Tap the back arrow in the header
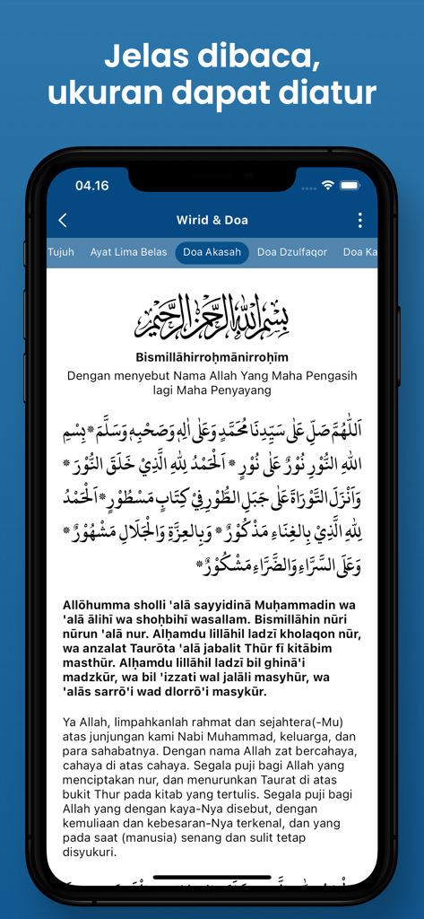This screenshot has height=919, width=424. click(63, 221)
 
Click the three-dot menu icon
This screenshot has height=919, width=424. click(360, 221)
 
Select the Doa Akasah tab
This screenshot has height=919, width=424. click(212, 252)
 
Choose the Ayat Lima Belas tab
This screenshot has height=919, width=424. click(128, 252)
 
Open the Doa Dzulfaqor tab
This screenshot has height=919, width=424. click(292, 252)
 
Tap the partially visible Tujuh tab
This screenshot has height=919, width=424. click(61, 252)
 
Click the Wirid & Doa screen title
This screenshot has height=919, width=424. click(212, 221)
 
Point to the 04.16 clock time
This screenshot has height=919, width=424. click(91, 186)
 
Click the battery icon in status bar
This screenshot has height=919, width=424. click(350, 186)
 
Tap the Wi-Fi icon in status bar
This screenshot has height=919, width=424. click(328, 186)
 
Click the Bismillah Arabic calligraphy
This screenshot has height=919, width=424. click(212, 316)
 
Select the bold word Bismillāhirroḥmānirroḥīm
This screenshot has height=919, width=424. click(212, 357)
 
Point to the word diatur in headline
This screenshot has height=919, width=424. click(328, 92)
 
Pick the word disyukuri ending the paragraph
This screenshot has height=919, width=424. click(91, 853)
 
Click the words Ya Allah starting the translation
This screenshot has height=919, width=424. click(83, 722)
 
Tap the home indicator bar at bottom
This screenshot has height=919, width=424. click(212, 877)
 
